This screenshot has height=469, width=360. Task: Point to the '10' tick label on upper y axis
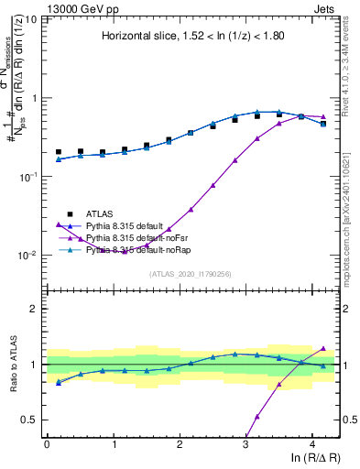point(30,19)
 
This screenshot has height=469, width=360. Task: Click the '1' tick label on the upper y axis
point(35,98)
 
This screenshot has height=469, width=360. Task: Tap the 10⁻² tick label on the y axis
point(28,256)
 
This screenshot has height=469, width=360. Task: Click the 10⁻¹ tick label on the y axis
point(28,177)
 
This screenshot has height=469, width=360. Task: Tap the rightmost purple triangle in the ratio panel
point(322,348)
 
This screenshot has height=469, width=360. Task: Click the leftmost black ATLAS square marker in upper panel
point(59,152)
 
